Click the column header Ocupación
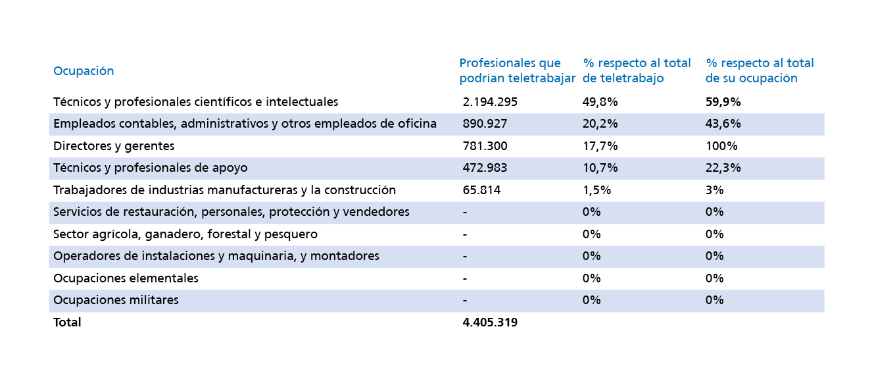point(84,71)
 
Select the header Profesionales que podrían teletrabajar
point(517,70)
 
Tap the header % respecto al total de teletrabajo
point(637,70)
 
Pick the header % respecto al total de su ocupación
point(760,70)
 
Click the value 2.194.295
point(490,102)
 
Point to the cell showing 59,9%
point(723,102)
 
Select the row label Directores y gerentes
point(114,146)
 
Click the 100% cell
point(721,146)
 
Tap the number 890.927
point(485,124)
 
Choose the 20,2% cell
point(600,124)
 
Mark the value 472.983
point(485,168)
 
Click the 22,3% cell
point(723,168)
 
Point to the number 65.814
point(481,190)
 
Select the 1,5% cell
point(596,190)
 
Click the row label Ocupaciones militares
point(116,300)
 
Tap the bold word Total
point(67,322)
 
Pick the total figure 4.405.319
point(490,322)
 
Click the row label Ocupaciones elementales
point(126,278)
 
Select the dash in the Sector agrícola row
point(465,235)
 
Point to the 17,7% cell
point(600,146)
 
